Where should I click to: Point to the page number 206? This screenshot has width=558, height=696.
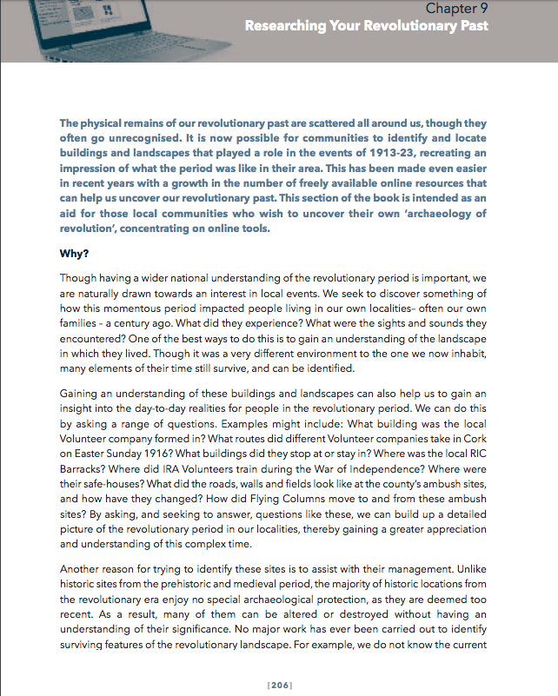pos(278,686)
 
